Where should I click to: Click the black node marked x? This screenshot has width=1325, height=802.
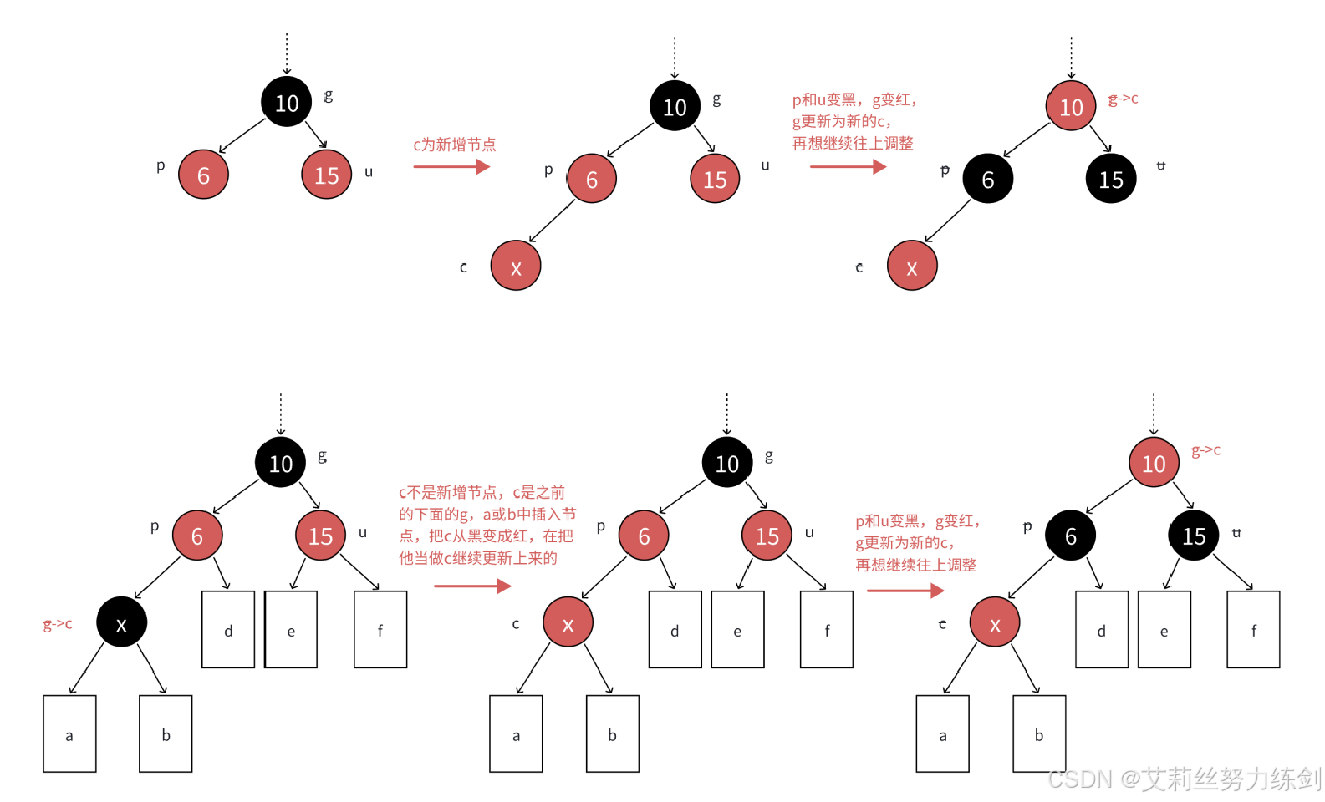coord(121,622)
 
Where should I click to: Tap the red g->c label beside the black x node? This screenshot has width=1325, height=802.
coord(58,624)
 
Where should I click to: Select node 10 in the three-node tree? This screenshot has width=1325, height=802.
coord(287,102)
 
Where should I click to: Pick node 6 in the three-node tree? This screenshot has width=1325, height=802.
coord(203,175)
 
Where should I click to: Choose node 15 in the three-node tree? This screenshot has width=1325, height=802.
coord(326,175)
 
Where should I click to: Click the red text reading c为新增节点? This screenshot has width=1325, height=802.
coord(454,145)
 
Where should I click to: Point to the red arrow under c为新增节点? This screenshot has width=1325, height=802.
coord(451,167)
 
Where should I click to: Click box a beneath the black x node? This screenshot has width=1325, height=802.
coord(69,733)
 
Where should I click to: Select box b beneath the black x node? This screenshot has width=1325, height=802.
coord(166,733)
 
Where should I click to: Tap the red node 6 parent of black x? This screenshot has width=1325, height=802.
coord(197,536)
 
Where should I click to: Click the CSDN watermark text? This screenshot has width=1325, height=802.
coord(1183,779)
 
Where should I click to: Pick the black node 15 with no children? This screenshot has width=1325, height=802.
coord(1111,179)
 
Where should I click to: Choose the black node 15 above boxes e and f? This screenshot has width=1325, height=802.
coord(1194,536)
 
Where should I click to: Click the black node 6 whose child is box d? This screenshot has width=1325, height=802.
coord(1070,536)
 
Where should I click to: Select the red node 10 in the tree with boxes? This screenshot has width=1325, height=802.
coord(1154,463)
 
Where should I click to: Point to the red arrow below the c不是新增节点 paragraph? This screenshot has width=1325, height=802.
coord(472,586)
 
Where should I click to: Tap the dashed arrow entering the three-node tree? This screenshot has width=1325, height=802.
coord(287,54)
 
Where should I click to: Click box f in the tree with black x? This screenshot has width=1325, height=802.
coord(380,630)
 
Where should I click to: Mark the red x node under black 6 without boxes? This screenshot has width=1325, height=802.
coord(912,266)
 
